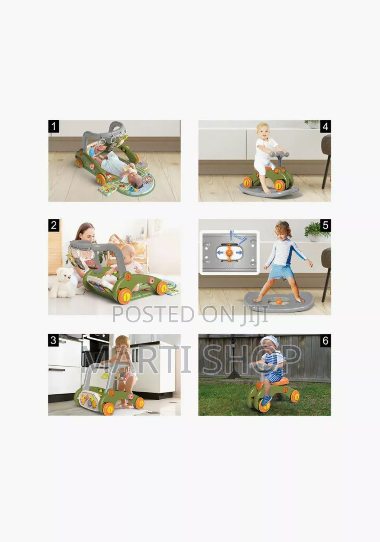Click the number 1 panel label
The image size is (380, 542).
(54, 126)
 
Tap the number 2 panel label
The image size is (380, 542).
(54, 225)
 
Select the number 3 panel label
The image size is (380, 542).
(54, 340)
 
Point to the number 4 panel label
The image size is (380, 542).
(325, 126)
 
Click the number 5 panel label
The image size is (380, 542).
(325, 225)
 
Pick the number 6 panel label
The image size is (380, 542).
(325, 340)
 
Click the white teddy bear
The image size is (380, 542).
(64, 283)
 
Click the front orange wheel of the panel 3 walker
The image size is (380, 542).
(108, 409)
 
